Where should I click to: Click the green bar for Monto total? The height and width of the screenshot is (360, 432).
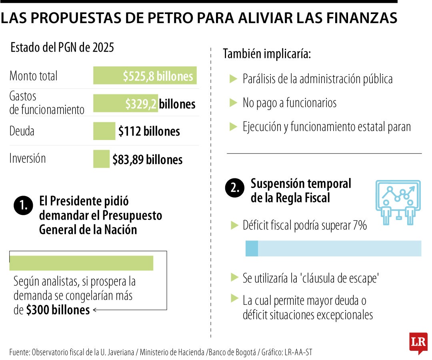(x=145, y=76)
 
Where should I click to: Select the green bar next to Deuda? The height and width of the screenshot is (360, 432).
(x=104, y=131)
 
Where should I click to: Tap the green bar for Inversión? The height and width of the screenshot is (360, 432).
(x=101, y=159)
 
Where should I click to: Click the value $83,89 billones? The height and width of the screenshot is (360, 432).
(x=147, y=160)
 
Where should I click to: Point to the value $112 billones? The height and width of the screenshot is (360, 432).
(x=149, y=132)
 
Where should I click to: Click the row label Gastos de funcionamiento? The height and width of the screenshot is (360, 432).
(x=46, y=103)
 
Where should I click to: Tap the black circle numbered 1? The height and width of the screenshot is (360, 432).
(x=23, y=206)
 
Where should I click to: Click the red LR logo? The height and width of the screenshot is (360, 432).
(x=418, y=342)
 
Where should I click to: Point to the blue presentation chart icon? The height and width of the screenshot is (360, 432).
(x=398, y=202)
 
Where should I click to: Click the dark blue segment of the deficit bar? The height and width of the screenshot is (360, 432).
(x=252, y=248)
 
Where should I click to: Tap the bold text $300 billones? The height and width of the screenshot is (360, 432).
(x=58, y=310)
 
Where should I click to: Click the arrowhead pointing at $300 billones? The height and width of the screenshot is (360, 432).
(x=95, y=310)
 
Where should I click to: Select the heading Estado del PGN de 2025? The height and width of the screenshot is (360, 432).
(x=62, y=48)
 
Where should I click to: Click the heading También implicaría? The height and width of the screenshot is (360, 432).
(x=266, y=54)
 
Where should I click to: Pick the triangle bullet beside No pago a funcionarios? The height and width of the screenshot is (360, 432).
(x=234, y=103)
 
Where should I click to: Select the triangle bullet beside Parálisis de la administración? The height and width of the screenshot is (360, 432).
(x=234, y=79)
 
